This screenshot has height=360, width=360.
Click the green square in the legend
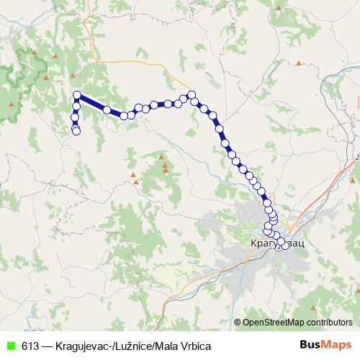point(10,345)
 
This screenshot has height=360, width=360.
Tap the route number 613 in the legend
point(31,345)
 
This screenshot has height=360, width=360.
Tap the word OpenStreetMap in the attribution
point(274,322)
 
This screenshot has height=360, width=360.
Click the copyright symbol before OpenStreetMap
point(237,322)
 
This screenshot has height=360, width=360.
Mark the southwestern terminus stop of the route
point(76,130)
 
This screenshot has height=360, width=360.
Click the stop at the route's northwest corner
point(76,94)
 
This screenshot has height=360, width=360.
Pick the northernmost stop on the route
point(192,94)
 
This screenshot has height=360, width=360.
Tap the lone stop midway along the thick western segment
point(107,110)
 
